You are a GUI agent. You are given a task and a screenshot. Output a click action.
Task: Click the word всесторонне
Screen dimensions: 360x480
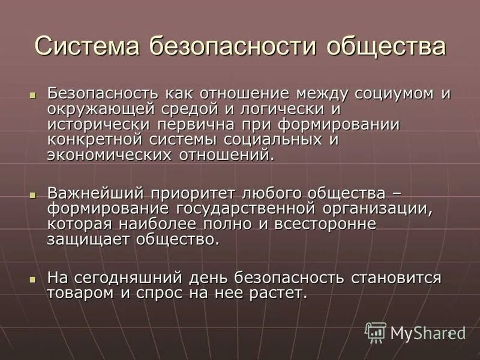(325, 224)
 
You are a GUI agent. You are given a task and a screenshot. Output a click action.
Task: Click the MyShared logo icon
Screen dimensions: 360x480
(376, 331)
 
